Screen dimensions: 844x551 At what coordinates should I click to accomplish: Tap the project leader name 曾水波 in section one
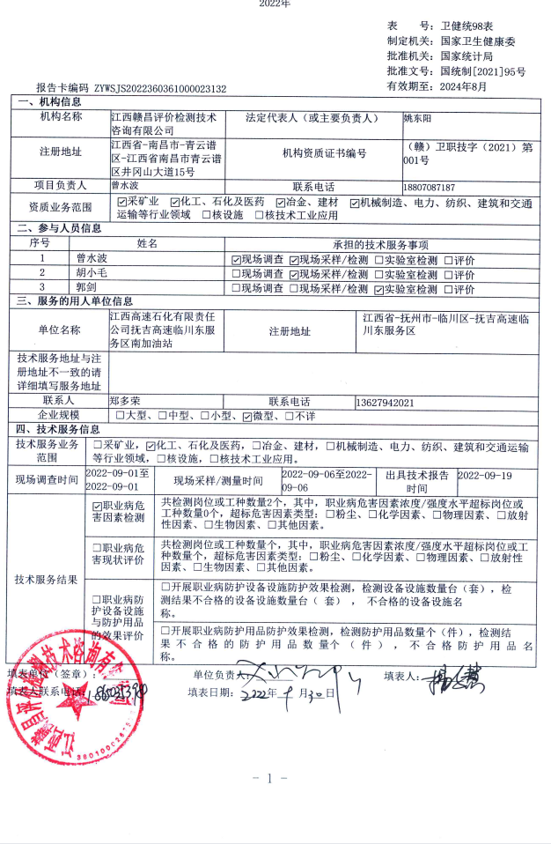(x=125, y=187)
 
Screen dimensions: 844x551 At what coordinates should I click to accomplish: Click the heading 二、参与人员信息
(x=58, y=228)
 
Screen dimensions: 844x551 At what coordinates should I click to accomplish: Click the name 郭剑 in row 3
(x=86, y=288)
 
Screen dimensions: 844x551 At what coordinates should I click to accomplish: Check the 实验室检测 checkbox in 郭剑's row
(x=379, y=289)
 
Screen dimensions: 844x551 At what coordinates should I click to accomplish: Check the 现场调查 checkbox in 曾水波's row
(x=236, y=260)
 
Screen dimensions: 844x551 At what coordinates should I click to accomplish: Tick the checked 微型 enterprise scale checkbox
(x=247, y=416)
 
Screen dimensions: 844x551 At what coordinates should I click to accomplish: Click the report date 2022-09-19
(x=485, y=475)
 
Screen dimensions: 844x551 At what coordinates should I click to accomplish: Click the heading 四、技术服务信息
(x=58, y=430)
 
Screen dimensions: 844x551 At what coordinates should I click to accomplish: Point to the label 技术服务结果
(x=46, y=580)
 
